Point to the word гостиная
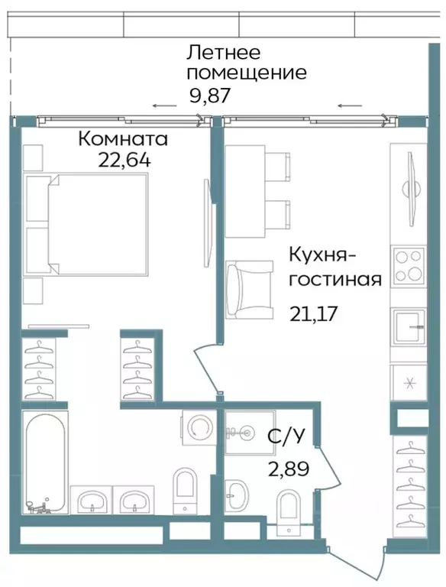click(335, 277)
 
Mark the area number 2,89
click(288, 469)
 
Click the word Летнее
click(224, 53)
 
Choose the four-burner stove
click(409, 266)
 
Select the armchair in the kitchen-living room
click(249, 287)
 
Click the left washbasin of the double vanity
click(92, 501)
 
